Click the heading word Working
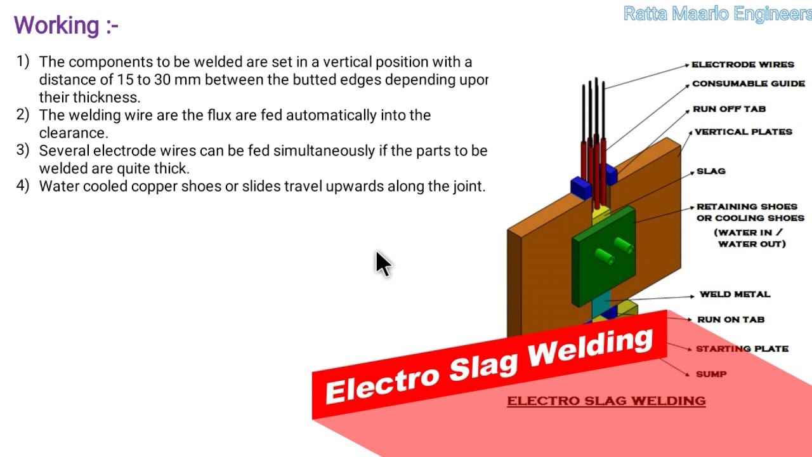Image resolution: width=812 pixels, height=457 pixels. click(57, 25)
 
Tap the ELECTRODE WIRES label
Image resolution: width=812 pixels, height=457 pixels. click(742, 65)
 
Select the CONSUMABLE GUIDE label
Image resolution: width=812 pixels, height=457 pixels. click(749, 84)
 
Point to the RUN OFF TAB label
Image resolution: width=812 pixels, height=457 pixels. click(729, 109)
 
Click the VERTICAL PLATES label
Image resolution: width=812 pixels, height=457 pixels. click(743, 132)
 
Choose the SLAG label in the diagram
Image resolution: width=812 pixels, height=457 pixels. click(710, 171)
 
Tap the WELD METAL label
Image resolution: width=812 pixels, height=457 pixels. click(735, 295)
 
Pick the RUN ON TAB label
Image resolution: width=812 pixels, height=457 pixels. click(730, 320)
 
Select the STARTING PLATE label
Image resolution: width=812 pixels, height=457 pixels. click(742, 349)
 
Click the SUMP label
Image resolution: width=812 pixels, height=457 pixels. click(710, 374)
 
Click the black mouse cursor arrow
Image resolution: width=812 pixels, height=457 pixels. click(383, 263)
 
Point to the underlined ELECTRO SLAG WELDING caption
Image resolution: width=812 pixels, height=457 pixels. click(606, 401)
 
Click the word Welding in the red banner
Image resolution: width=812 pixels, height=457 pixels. click(591, 347)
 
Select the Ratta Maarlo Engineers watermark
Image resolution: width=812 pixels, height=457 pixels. click(717, 14)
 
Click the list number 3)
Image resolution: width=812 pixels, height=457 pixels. click(23, 150)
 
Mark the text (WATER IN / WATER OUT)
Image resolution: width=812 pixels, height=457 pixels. click(752, 238)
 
